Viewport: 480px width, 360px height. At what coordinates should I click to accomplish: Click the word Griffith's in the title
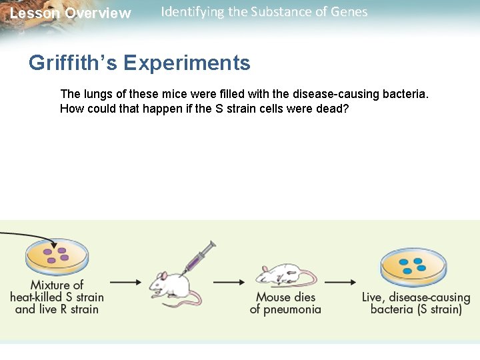click(73, 63)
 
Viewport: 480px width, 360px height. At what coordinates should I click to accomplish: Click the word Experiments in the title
click(187, 63)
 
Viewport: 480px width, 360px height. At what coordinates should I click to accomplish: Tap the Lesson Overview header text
click(71, 13)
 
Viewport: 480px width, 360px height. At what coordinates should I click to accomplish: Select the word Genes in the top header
click(348, 11)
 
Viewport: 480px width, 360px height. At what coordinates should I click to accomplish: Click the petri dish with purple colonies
click(57, 257)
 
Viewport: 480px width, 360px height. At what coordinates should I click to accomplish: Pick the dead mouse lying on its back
click(283, 274)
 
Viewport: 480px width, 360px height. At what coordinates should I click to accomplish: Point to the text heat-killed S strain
click(57, 297)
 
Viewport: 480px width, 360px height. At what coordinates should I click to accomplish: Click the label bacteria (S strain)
click(416, 309)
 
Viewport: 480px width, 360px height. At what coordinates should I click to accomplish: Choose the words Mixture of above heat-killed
click(57, 285)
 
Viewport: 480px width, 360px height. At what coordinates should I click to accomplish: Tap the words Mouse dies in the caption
click(286, 297)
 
